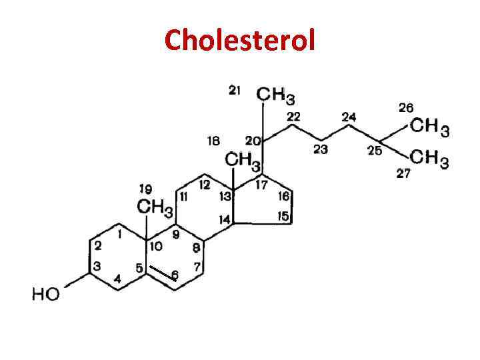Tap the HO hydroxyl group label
[46, 293]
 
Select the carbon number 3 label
[97, 266]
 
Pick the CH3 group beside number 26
[429, 127]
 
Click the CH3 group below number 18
[243, 160]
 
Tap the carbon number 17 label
[261, 184]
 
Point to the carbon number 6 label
[175, 274]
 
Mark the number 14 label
[225, 219]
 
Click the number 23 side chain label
[321, 149]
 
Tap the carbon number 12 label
[204, 183]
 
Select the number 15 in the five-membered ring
[283, 216]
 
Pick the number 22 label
[294, 116]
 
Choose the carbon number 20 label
[253, 141]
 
